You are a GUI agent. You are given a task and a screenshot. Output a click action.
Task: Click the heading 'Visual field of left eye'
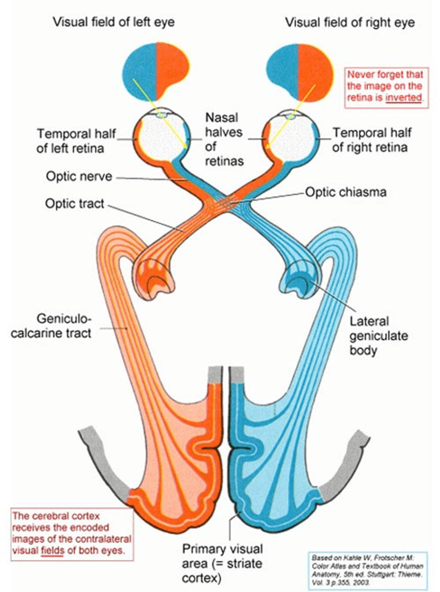(113, 22)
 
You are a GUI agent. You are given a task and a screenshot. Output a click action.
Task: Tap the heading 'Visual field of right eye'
(350, 22)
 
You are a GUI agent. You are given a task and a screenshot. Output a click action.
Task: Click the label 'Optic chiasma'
(346, 192)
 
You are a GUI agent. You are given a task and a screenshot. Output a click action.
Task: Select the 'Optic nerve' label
(79, 176)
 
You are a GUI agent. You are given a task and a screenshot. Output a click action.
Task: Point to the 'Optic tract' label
(74, 204)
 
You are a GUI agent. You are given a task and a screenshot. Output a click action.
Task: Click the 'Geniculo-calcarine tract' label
(51, 326)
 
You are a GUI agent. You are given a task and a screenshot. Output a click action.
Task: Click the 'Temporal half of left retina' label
(76, 141)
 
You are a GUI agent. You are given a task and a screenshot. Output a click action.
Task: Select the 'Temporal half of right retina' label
(371, 140)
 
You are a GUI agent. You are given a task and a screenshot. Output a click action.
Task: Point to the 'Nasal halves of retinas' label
(224, 139)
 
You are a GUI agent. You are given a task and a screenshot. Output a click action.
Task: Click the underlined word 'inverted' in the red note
(403, 98)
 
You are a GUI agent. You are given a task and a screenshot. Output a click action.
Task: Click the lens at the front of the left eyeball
(161, 115)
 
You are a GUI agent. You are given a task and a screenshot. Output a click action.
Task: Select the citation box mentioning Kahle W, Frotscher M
(367, 570)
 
